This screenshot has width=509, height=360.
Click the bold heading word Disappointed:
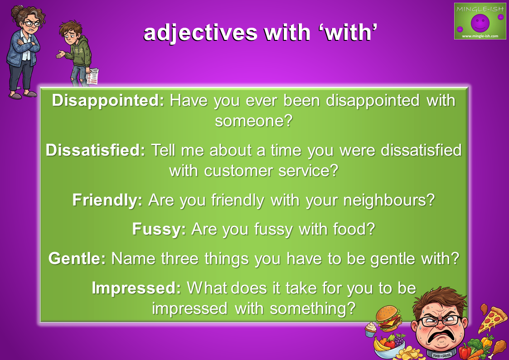(x=108, y=100)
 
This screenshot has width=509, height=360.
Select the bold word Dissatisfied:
(x=95, y=150)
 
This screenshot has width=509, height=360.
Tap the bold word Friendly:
(x=107, y=200)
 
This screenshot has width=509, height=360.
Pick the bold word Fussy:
(x=159, y=229)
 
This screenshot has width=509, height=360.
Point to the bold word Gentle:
(x=77, y=259)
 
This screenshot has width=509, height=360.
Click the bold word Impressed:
(x=136, y=288)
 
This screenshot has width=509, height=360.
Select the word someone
(x=250, y=121)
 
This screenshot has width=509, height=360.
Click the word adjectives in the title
(x=200, y=33)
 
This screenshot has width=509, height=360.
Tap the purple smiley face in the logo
(x=480, y=22)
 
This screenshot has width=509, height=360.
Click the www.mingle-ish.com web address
(x=480, y=36)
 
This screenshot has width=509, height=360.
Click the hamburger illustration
(x=388, y=318)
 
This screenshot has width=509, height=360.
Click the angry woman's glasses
(x=31, y=24)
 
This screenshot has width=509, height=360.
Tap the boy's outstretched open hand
(x=61, y=54)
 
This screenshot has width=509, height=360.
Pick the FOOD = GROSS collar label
(x=442, y=355)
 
